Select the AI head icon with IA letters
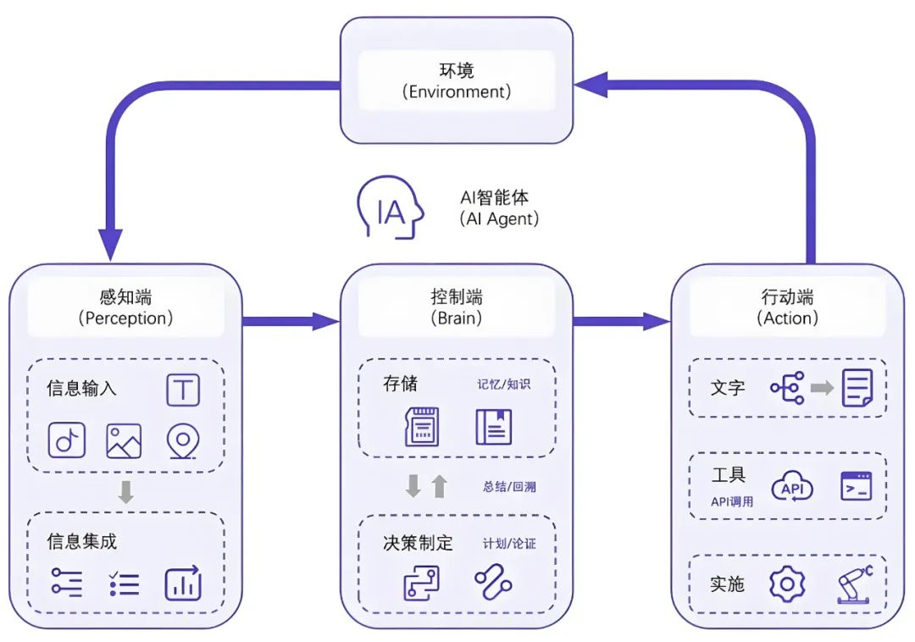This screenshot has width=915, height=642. tap(391, 208)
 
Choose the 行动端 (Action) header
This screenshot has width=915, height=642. tap(787, 307)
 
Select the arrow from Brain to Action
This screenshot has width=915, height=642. tap(621, 321)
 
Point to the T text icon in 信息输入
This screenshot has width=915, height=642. tap(183, 390)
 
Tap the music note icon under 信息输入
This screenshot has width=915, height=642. tap(66, 440)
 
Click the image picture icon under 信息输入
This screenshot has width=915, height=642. tap(124, 440)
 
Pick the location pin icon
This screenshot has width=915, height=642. tap(183, 440)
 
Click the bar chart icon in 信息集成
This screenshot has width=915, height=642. tap(183, 584)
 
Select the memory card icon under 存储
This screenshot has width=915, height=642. tap(422, 427)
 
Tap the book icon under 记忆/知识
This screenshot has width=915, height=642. tap(493, 427)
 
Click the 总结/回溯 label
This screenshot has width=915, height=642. tap(509, 487)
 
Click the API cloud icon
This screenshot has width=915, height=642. tap(791, 488)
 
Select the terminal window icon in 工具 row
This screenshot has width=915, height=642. tap(856, 487)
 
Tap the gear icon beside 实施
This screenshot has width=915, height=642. tap(787, 584)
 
